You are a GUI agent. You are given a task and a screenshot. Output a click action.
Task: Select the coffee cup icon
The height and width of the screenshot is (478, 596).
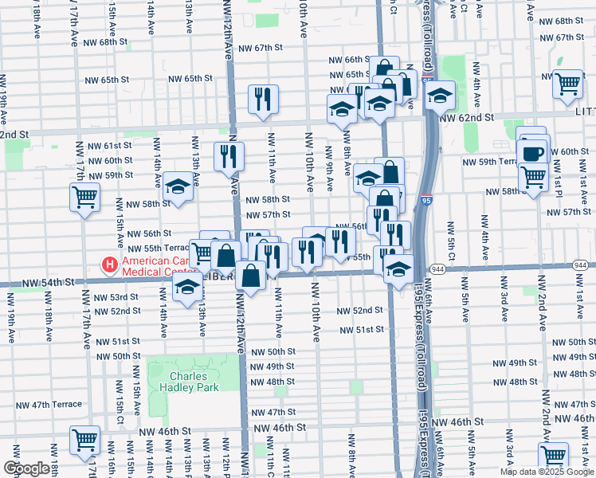pyautogui.click(x=532, y=151)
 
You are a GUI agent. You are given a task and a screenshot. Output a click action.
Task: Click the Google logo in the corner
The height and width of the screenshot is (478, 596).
pyautogui.click(x=26, y=468)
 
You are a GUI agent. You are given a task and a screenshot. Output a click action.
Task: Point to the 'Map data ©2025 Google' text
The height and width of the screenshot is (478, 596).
pyautogui.click(x=547, y=472)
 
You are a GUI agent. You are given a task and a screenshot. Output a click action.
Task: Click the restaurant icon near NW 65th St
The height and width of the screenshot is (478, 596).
pyautogui.click(x=263, y=99)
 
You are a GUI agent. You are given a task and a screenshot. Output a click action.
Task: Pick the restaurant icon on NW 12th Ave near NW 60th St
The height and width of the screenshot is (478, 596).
pyautogui.click(x=229, y=155)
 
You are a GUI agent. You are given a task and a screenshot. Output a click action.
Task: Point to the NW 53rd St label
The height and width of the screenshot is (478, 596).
pyautogui.click(x=116, y=296)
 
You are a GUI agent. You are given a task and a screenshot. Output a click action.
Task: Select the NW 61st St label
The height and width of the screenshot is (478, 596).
pyautogui.click(x=109, y=145)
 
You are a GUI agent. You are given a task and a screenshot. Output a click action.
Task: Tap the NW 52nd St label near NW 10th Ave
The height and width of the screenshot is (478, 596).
pyautogui.click(x=360, y=310)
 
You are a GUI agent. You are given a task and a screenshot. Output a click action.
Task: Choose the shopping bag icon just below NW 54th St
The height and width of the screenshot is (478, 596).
pyautogui.click(x=250, y=276)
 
